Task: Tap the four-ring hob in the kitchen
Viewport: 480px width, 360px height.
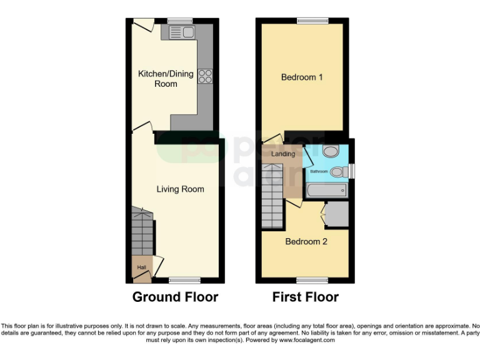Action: pyautogui.click(x=205, y=76)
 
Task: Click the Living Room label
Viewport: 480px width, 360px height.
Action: pyautogui.click(x=180, y=189)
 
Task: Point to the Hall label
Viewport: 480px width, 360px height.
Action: pyautogui.click(x=142, y=267)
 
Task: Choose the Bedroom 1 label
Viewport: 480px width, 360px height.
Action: pyautogui.click(x=302, y=77)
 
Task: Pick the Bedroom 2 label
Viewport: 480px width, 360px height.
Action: pyautogui.click(x=306, y=241)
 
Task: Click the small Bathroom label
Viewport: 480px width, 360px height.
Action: pyautogui.click(x=319, y=171)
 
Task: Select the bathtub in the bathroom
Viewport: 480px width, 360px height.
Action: pyautogui.click(x=326, y=190)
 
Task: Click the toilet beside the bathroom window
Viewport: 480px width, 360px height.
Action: pyautogui.click(x=337, y=171)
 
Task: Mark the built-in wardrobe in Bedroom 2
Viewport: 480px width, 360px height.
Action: pyautogui.click(x=337, y=214)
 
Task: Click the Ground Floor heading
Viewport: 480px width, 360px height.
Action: pyautogui.click(x=175, y=297)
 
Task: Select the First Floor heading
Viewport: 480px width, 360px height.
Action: pyautogui.click(x=305, y=297)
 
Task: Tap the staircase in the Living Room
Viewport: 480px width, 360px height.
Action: pyautogui.click(x=142, y=231)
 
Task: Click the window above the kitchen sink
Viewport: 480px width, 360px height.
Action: pyautogui.click(x=181, y=20)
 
